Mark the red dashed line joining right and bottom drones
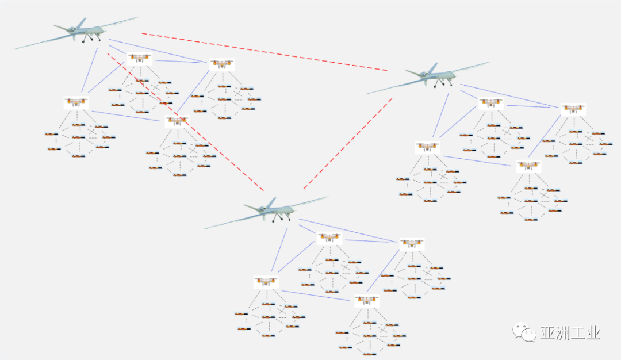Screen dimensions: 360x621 [x=348, y=144]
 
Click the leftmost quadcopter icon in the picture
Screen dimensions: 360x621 [x=76, y=103]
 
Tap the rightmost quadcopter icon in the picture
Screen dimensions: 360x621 [x=573, y=109]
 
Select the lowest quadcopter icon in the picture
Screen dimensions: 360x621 [x=366, y=301]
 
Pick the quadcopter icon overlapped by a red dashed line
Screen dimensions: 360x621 [x=139, y=58]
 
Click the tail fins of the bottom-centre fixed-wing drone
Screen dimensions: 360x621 [x=270, y=202]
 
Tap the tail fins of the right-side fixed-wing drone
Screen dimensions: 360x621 [x=433, y=68]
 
